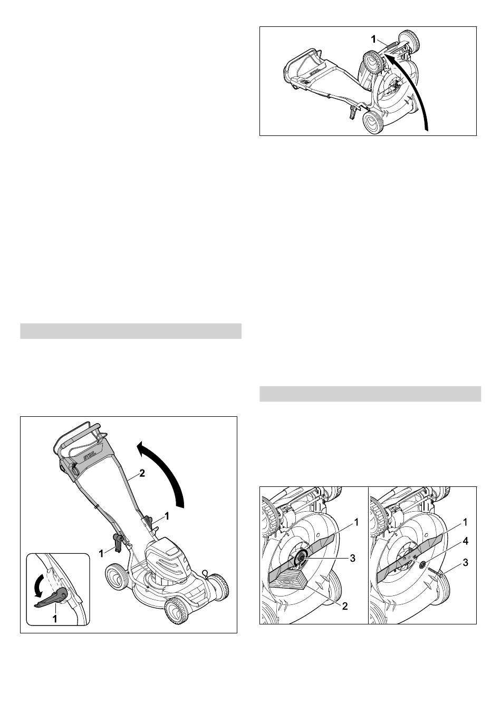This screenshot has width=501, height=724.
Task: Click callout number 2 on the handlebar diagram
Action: click(x=141, y=474)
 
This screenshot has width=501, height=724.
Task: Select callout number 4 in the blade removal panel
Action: click(x=465, y=540)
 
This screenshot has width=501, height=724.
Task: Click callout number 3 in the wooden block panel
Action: click(x=352, y=558)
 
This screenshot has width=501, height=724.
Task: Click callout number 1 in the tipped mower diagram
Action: click(x=373, y=40)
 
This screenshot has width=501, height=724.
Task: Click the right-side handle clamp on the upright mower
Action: click(x=148, y=520)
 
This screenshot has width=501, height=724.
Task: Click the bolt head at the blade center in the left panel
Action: click(x=301, y=557)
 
